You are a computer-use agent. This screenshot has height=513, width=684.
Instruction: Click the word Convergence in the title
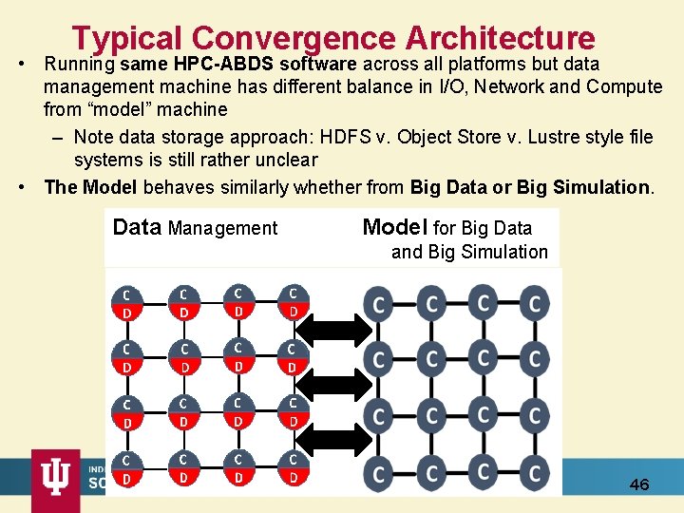point(294,38)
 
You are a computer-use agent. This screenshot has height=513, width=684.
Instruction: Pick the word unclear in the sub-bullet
point(284,160)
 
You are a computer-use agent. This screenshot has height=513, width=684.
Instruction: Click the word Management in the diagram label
point(222,228)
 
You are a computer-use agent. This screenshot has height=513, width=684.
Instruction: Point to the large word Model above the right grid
point(394,227)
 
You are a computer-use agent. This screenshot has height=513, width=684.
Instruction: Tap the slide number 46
point(639,484)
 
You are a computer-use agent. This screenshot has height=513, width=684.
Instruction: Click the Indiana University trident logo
point(55,474)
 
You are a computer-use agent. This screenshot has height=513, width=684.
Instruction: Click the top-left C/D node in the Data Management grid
point(126,302)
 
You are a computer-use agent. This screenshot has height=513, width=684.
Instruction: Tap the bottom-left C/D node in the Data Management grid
point(126,468)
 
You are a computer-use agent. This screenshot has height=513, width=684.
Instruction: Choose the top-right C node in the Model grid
point(535,304)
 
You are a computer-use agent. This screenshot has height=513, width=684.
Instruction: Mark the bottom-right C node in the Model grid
point(535,472)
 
